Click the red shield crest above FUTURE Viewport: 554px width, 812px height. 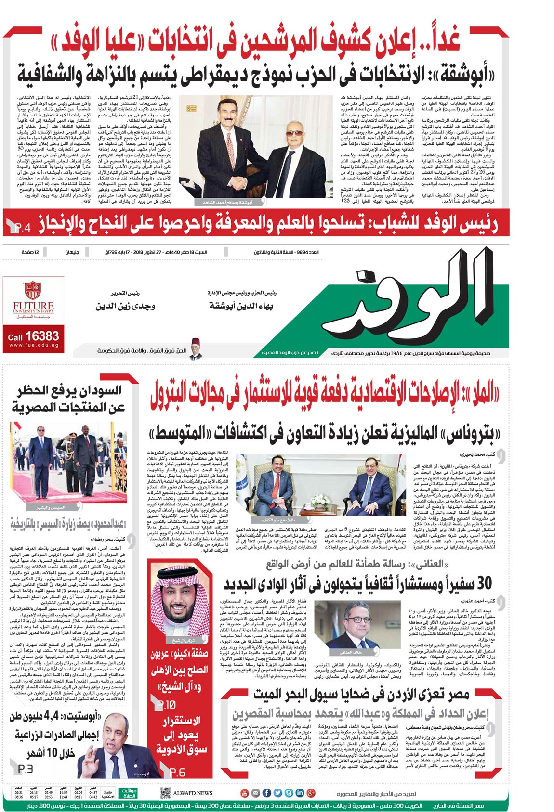click(x=32, y=290)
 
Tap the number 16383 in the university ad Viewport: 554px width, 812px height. click(x=42, y=335)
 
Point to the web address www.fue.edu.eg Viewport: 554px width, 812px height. click(x=34, y=345)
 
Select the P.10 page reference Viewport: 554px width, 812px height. click(x=166, y=705)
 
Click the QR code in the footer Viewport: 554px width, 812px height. click(x=165, y=793)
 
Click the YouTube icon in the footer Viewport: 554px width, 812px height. click(x=245, y=793)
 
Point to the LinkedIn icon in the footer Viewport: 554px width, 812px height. click(x=300, y=793)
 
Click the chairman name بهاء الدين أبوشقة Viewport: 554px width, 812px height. click(x=241, y=306)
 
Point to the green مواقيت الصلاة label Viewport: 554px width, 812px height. click(x=129, y=793)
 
